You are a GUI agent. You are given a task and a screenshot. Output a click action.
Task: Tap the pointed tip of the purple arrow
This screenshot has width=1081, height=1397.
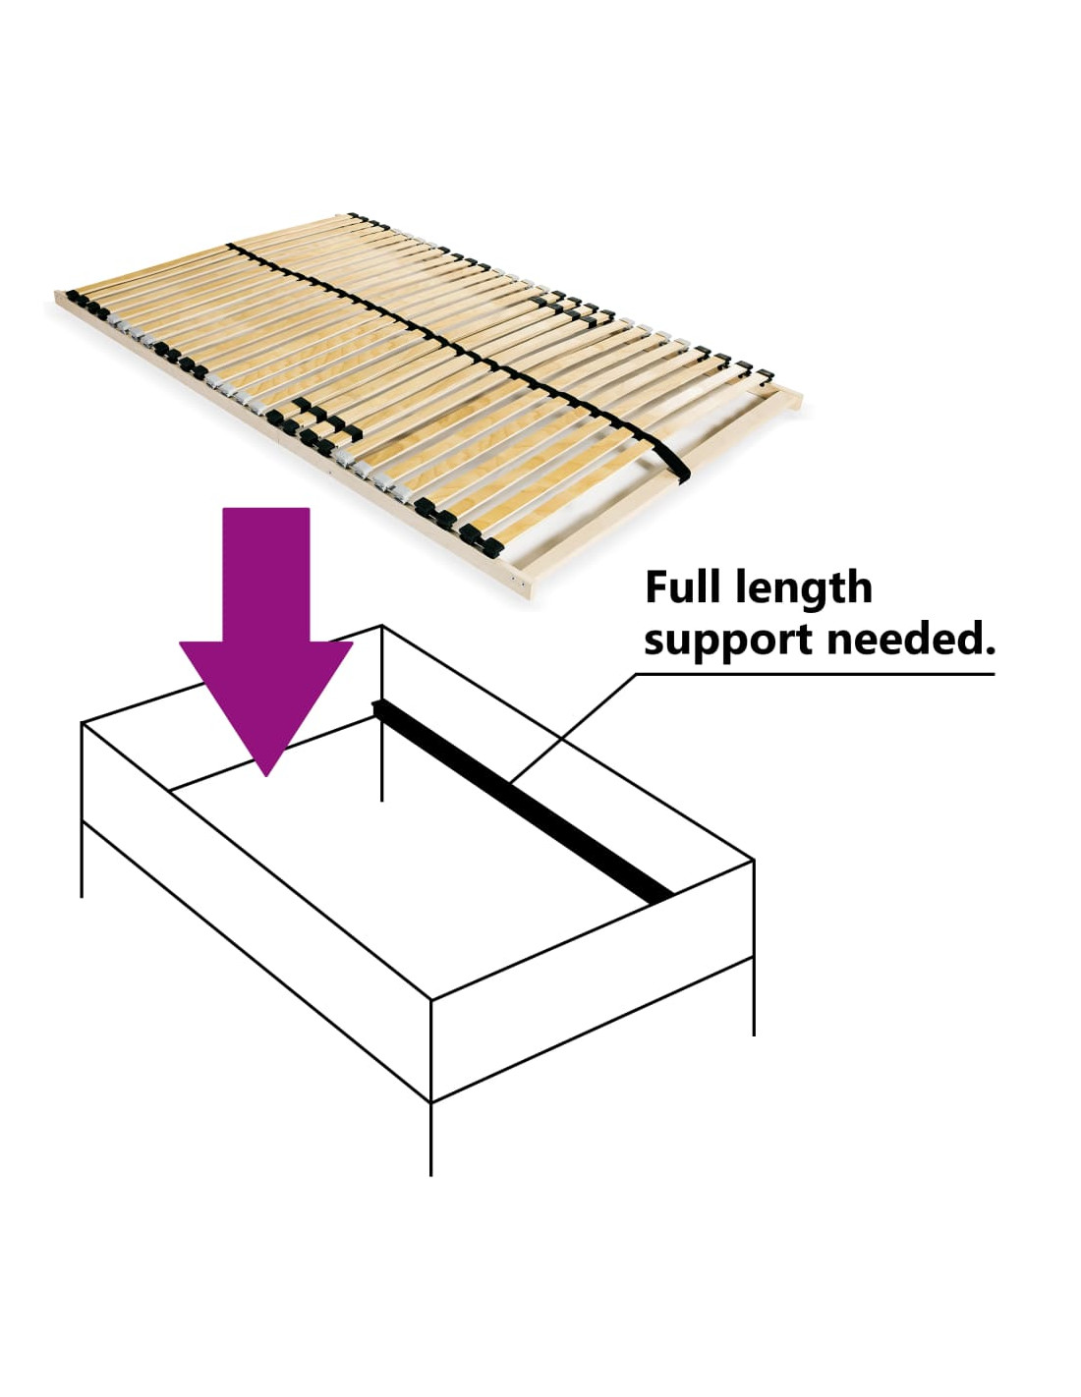pyautogui.click(x=265, y=775)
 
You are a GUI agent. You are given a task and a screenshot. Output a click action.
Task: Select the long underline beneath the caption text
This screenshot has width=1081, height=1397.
pyautogui.click(x=815, y=674)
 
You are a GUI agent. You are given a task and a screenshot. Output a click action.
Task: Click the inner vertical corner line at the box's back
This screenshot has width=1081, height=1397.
pyautogui.click(x=382, y=712)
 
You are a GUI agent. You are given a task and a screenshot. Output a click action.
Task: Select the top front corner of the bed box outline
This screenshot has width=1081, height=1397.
pyautogui.click(x=430, y=1000)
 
